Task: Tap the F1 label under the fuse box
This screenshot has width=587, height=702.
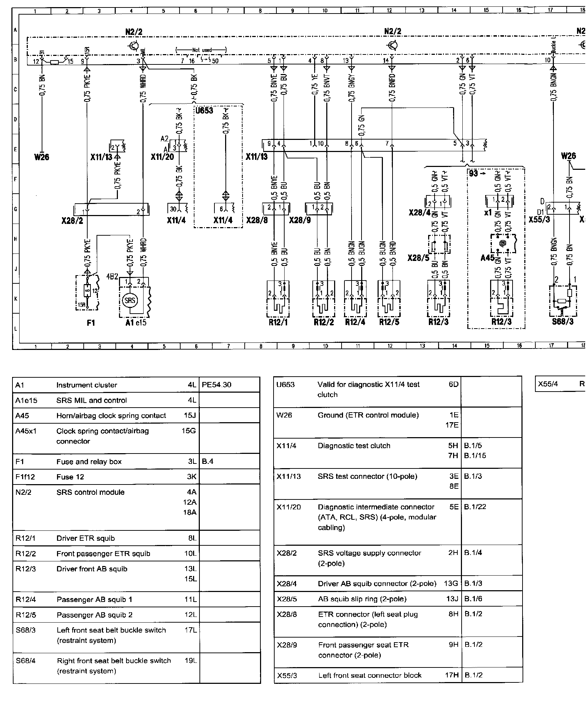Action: (91, 323)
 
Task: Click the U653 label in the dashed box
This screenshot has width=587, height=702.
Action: (204, 110)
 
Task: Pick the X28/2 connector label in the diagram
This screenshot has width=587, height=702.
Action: (72, 221)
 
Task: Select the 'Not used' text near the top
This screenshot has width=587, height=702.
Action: (202, 50)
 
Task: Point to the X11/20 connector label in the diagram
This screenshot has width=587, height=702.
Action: (162, 157)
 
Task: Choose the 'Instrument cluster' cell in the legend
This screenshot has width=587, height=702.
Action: (87, 385)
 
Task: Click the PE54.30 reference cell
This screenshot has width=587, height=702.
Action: (216, 385)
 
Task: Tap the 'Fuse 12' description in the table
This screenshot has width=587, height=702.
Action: (70, 477)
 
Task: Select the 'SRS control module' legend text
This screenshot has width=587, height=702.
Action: (90, 492)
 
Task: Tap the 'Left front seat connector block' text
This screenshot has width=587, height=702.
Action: (370, 675)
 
